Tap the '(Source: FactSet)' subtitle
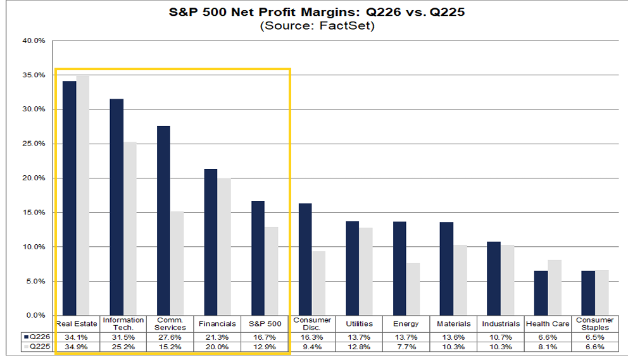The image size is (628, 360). coord(317,26)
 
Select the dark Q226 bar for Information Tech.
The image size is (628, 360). coord(116,207)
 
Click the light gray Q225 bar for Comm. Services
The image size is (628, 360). coord(177,263)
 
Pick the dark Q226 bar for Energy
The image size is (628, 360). coord(399,268)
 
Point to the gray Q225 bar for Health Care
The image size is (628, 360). coord(555,287)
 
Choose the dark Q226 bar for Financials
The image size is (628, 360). coord(211,242)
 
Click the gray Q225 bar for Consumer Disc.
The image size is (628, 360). coord(319,283)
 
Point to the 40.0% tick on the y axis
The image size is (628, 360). coord(34,41)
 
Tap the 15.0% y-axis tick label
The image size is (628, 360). coord(34,213)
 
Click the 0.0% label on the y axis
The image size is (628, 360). coord(35,316)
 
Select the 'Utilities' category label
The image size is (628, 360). coord(359,323)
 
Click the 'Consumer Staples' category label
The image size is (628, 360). coord(594,323)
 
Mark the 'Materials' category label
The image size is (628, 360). coord(454,323)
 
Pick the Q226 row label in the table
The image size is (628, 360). coord(37,337)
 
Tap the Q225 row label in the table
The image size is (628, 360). coord(37,346)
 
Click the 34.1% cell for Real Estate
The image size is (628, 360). coord(76,337)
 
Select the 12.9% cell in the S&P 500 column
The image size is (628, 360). coord(265,347)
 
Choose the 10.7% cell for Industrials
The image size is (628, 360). coord(501,337)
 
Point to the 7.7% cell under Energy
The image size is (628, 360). coord(406,347)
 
